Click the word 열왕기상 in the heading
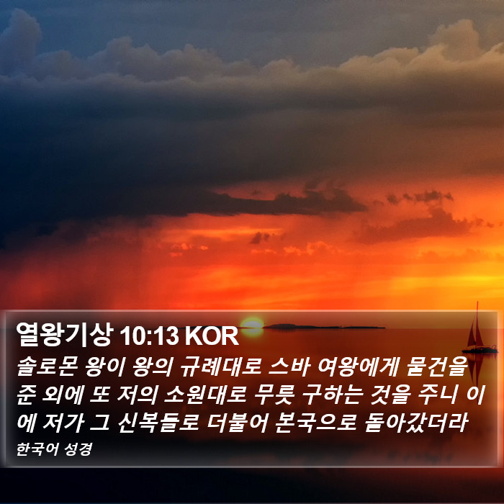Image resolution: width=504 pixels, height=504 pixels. [x=65, y=334]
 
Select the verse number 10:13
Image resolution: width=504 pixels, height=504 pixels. [x=148, y=336]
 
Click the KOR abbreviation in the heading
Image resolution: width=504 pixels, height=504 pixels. [x=212, y=336]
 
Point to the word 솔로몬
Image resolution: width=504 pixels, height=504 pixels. [x=46, y=366]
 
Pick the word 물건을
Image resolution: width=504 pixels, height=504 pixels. [x=436, y=366]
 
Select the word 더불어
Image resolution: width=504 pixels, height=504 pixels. [x=237, y=423]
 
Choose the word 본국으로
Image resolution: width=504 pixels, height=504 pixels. [x=315, y=423]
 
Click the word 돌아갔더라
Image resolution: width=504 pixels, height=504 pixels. [x=415, y=423]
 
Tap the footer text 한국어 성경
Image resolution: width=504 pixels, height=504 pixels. [x=54, y=449]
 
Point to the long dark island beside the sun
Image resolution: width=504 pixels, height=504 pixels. [x=324, y=327]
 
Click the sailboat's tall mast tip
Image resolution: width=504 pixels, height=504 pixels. [x=477, y=302]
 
